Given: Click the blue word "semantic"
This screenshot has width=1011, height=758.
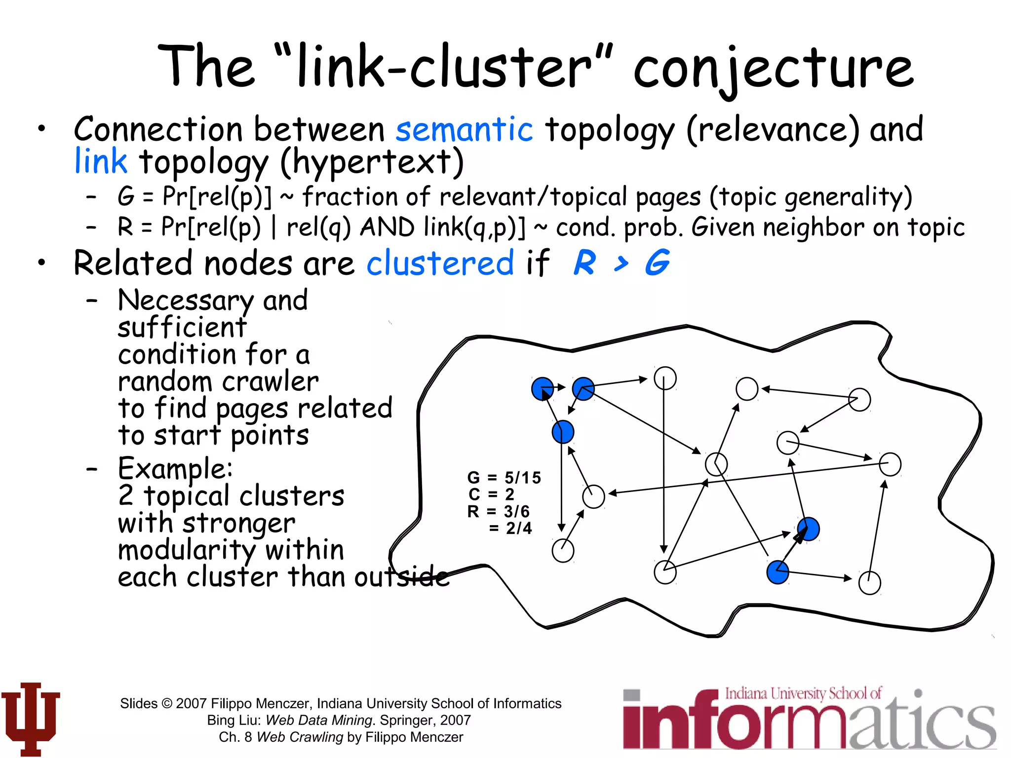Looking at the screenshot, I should pyautogui.click(x=464, y=129).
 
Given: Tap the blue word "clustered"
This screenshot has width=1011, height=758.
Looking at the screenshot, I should pyautogui.click(x=440, y=263).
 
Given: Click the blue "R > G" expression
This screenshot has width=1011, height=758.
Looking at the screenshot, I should pyautogui.click(x=622, y=263).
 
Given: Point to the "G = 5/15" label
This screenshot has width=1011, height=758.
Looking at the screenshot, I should pyautogui.click(x=504, y=477).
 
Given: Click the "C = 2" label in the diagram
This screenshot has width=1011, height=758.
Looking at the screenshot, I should pyautogui.click(x=491, y=494).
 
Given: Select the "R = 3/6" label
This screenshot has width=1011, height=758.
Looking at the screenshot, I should pyautogui.click(x=498, y=511).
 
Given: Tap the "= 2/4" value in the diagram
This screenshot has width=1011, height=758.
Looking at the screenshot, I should pyautogui.click(x=510, y=528).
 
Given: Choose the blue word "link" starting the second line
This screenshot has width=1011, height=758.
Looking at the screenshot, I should pyautogui.click(x=101, y=161).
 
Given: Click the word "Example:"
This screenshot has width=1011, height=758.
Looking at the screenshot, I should pyautogui.click(x=175, y=469).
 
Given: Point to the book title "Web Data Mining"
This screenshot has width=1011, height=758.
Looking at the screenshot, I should pyautogui.click(x=319, y=720).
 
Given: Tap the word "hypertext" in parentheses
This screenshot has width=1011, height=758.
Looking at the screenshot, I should pyautogui.click(x=373, y=162).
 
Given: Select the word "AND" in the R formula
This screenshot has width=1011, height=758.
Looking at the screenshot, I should pyautogui.click(x=387, y=227).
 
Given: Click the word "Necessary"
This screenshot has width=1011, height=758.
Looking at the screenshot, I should pyautogui.click(x=186, y=300).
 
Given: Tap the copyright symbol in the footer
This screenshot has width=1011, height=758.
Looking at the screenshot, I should pyautogui.click(x=167, y=703).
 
